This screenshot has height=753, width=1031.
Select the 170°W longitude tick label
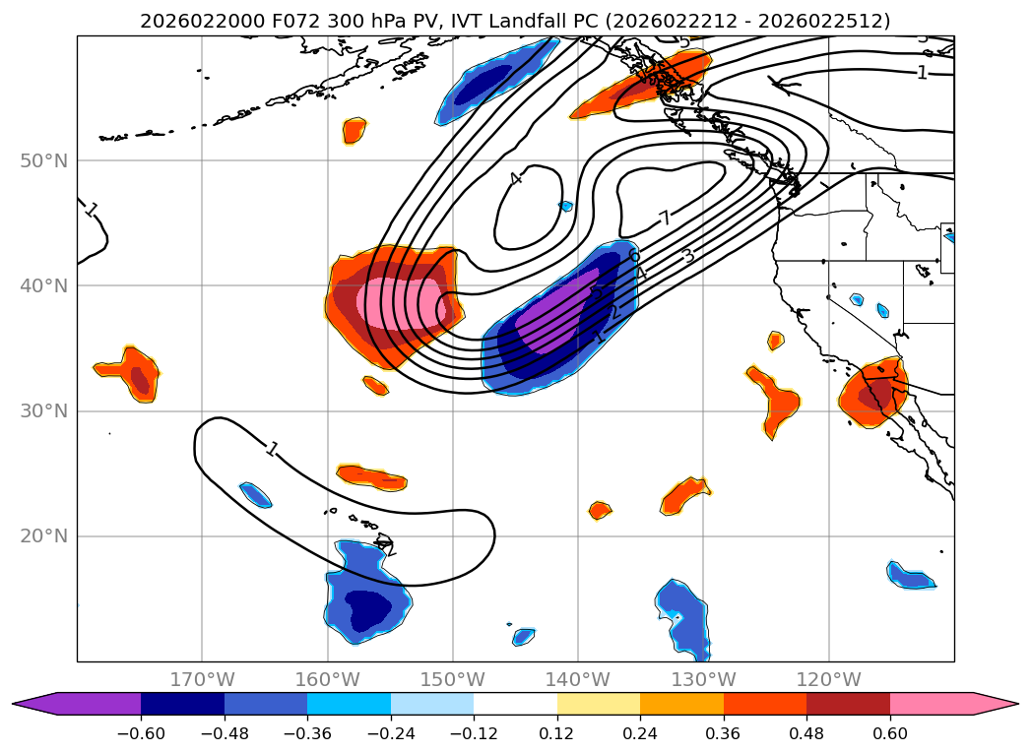point(202,679)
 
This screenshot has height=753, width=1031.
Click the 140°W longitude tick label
point(578,679)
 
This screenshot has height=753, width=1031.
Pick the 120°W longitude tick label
point(828,679)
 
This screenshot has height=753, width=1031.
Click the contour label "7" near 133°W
point(665,219)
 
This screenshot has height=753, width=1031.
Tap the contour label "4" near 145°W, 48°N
point(515,179)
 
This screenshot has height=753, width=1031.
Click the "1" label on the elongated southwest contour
point(273,450)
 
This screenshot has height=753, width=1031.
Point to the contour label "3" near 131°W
point(688,257)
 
